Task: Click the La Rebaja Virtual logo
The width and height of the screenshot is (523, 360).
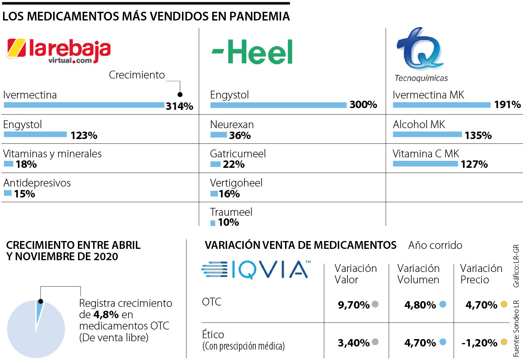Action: pyautogui.click(x=58, y=51)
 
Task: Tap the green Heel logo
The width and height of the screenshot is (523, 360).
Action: pyautogui.click(x=252, y=52)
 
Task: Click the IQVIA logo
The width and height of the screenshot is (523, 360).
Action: pyautogui.click(x=256, y=269)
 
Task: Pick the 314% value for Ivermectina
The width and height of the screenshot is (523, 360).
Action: pyautogui.click(x=179, y=106)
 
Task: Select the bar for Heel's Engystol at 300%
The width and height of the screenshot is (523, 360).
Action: pyautogui.click(x=278, y=105)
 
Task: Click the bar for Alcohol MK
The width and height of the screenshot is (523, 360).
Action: pyautogui.click(x=427, y=135)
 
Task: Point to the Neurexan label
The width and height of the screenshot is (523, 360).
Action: pyautogui.click(x=232, y=125)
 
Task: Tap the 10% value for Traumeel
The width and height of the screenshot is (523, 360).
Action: pyautogui.click(x=228, y=222)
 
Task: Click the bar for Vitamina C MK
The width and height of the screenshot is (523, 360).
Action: pyautogui.click(x=425, y=164)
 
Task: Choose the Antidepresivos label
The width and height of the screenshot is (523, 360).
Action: pyautogui.click(x=37, y=183)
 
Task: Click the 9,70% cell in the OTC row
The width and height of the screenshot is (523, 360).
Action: pyautogui.click(x=353, y=305)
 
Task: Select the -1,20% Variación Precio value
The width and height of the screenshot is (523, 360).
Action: pyautogui.click(x=479, y=342)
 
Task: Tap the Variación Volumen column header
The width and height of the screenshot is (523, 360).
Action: pyautogui.click(x=418, y=274)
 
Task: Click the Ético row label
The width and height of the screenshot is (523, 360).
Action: pyautogui.click(x=214, y=335)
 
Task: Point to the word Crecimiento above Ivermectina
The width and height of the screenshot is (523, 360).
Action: pyautogui.click(x=137, y=75)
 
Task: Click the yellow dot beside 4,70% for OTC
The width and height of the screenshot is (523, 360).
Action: pyautogui.click(x=503, y=304)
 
